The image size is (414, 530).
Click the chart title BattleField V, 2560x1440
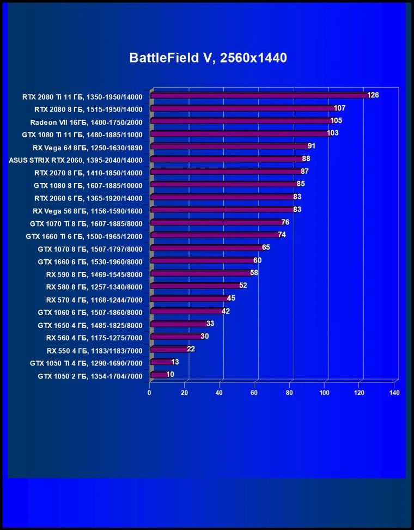point(208,58)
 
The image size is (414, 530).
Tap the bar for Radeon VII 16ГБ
point(241,121)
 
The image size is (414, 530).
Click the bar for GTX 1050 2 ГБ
point(159,375)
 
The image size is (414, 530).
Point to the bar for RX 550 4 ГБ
point(169,349)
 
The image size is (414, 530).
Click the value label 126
point(373,95)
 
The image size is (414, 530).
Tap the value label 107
point(340,108)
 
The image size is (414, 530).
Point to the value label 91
point(312,146)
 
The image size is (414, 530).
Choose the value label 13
point(175,362)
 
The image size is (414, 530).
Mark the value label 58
point(254,273)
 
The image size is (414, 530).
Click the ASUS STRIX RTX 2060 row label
point(76,160)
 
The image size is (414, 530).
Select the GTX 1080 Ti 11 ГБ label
point(82,135)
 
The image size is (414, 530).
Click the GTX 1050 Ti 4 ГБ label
point(86,363)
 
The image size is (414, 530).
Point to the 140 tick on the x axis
point(394,392)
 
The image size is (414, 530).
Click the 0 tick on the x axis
point(149,392)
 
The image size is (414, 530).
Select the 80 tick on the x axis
point(289,392)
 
